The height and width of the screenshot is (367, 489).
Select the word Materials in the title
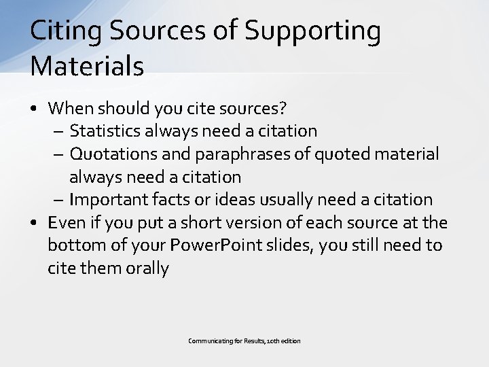coord(87,67)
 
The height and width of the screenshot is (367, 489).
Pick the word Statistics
coord(110,130)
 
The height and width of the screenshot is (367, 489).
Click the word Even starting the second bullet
coord(65,222)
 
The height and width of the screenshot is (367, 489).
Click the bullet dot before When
coord(34,108)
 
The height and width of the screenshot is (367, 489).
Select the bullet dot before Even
coord(34,223)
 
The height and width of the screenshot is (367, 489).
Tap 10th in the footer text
coord(268,340)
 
